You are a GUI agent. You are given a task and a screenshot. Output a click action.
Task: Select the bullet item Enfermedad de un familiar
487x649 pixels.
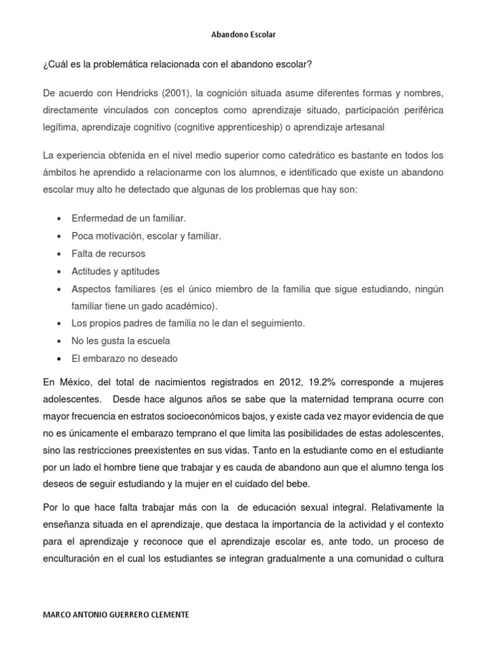click(129, 219)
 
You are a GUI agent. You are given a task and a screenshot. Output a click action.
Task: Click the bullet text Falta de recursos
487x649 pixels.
click(108, 254)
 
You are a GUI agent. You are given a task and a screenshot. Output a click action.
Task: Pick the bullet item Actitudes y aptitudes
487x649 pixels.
click(115, 271)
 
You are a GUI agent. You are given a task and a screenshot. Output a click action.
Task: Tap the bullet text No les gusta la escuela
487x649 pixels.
click(121, 341)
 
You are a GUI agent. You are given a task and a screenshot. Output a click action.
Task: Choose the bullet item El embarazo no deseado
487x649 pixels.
click(125, 359)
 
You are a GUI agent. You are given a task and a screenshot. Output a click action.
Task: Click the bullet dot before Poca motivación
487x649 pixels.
click(59, 236)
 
